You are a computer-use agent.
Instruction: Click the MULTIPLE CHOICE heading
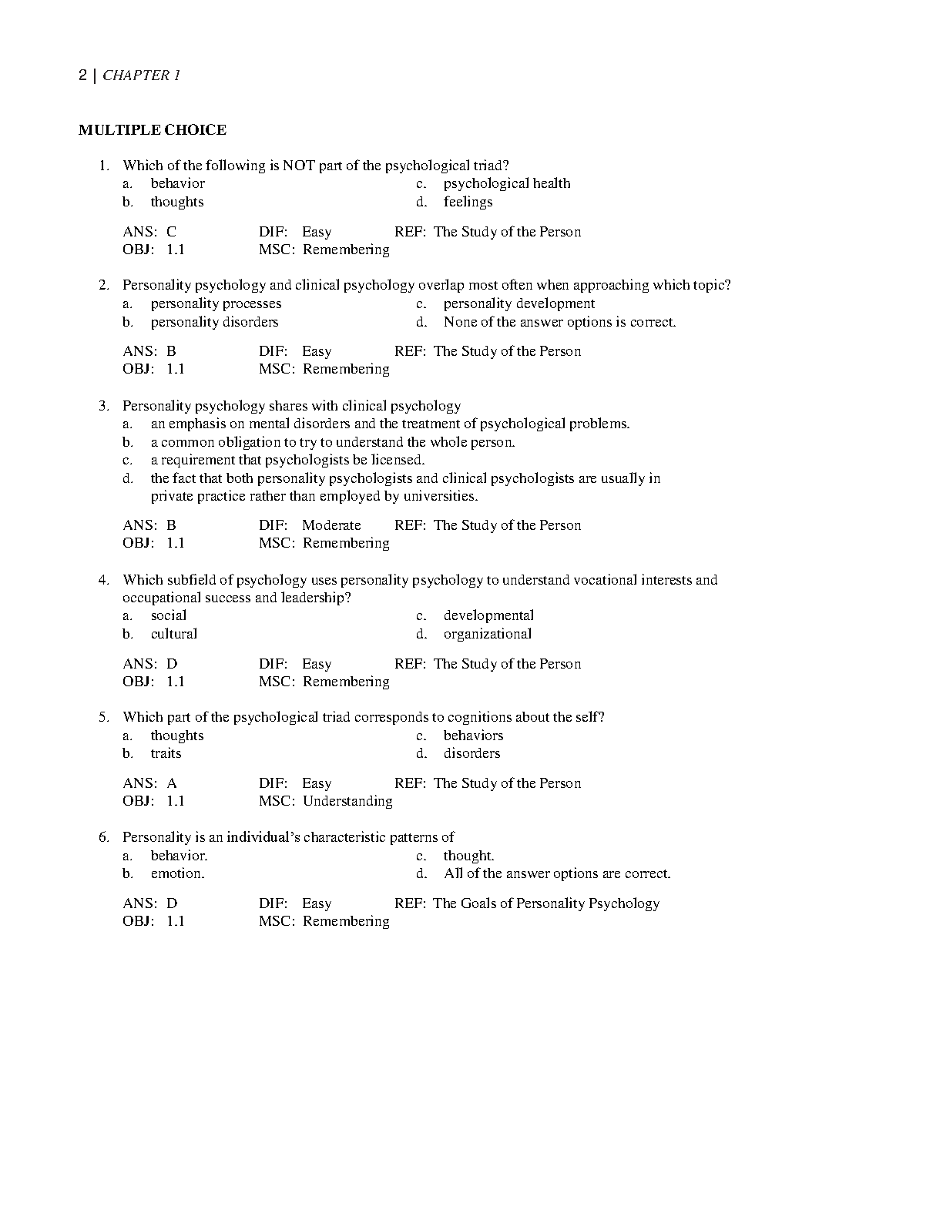(153, 130)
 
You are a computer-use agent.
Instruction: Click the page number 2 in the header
(82, 75)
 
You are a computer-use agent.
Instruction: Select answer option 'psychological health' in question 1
(506, 183)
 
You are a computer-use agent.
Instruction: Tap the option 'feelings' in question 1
(468, 202)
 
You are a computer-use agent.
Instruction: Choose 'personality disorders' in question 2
(214, 322)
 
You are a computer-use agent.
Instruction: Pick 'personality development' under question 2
(518, 303)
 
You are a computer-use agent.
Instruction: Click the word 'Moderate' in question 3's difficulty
(331, 525)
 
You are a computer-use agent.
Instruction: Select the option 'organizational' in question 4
(487, 634)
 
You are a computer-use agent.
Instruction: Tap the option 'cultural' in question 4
(173, 634)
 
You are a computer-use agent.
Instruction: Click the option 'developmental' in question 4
(488, 615)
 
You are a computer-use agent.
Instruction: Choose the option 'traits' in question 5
(166, 753)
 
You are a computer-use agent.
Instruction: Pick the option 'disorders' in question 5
(471, 753)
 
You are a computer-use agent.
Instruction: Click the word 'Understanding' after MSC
(347, 801)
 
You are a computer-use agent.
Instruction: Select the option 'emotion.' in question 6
(177, 873)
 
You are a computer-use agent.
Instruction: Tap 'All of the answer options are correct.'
(557, 873)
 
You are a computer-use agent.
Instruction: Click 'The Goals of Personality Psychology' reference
(546, 903)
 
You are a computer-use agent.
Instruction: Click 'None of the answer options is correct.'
(559, 322)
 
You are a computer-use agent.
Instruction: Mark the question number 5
(103, 717)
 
